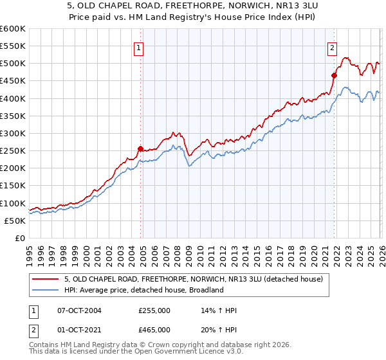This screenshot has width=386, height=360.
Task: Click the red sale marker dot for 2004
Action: [x=140, y=148]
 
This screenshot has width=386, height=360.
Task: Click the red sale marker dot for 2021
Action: [x=334, y=75]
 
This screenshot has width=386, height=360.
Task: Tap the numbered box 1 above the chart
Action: [x=139, y=47]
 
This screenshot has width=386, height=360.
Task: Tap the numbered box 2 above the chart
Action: [x=332, y=47]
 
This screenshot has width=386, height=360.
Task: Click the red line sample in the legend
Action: [x=46, y=278]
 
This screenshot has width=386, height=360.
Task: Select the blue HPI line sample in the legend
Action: [x=46, y=290]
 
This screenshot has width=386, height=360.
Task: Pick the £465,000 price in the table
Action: [x=154, y=329]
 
